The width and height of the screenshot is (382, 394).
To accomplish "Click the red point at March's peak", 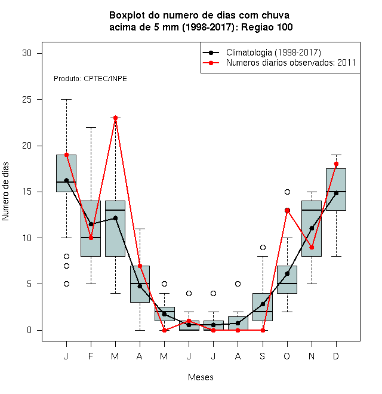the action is pos(115,118).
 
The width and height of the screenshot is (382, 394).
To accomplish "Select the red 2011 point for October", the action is pos(287,210).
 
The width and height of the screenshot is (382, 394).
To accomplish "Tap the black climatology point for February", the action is pos(91,224).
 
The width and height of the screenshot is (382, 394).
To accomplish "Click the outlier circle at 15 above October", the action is pos(287,192).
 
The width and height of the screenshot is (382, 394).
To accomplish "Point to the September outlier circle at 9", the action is pos(263,248).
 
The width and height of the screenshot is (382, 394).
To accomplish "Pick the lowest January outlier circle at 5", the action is pos(66,284).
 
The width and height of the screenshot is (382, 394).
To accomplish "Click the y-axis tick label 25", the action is pos(27,100).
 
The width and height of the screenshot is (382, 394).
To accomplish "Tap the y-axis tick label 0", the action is pos(29,330).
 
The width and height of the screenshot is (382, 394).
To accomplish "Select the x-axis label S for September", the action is pos(263,356).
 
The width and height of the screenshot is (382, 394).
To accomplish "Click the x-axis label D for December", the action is pos(336,356).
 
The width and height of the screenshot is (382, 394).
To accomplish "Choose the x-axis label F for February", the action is pos(91,356).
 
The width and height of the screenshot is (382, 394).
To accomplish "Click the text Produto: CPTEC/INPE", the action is pos(90,79).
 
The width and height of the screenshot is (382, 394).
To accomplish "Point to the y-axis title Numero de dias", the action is pos(5,192).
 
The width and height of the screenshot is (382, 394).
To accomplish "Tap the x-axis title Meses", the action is pos(201,377).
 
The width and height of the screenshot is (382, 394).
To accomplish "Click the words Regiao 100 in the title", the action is pos(267,27).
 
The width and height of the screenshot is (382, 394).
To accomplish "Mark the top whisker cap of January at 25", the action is pos(66,100).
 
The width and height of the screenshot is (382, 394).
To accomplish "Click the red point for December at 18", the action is pos(336,164).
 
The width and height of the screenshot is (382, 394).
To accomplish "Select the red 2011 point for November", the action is pos(312,248).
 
